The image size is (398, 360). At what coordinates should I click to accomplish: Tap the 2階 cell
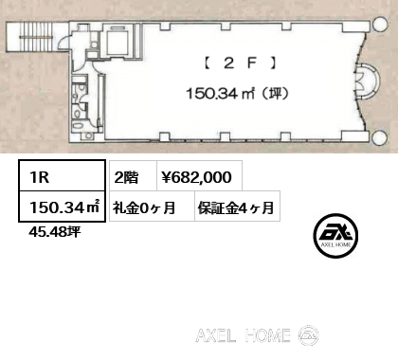tap(125, 175)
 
